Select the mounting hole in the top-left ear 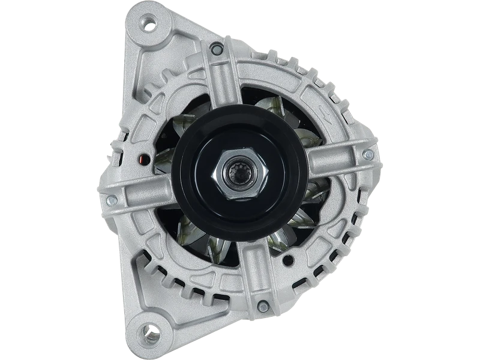[x=146, y=25]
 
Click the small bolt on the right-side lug [x=368, y=155]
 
